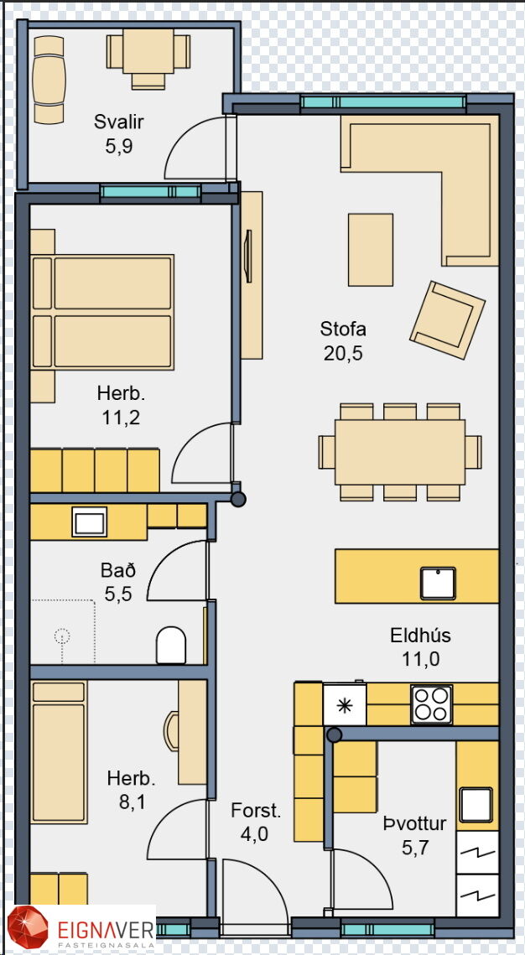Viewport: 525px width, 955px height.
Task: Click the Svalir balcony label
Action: coord(119,122)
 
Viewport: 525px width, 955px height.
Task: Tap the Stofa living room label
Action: coord(343,330)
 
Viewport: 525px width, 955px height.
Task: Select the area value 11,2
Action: coord(121,418)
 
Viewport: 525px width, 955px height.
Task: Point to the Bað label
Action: coord(118,571)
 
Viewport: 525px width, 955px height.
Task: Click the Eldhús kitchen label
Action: coord(420,636)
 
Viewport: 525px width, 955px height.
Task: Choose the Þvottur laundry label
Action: coord(415,824)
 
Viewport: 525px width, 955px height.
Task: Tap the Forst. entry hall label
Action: coord(256,811)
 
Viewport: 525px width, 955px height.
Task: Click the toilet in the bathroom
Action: coord(171,645)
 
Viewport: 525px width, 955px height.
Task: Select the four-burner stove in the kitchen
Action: coord(431,704)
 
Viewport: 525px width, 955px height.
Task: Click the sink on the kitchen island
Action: coord(438,583)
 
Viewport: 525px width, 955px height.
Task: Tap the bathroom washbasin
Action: coord(89,522)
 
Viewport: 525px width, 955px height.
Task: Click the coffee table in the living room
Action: coord(371,250)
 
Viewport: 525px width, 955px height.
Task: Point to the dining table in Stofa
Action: coord(400,452)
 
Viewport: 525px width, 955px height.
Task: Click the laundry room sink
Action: coord(476,805)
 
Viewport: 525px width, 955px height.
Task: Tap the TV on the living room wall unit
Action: coord(248,257)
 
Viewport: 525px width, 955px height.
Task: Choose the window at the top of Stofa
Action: coord(383,102)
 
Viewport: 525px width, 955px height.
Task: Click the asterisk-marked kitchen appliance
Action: coord(345,704)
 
